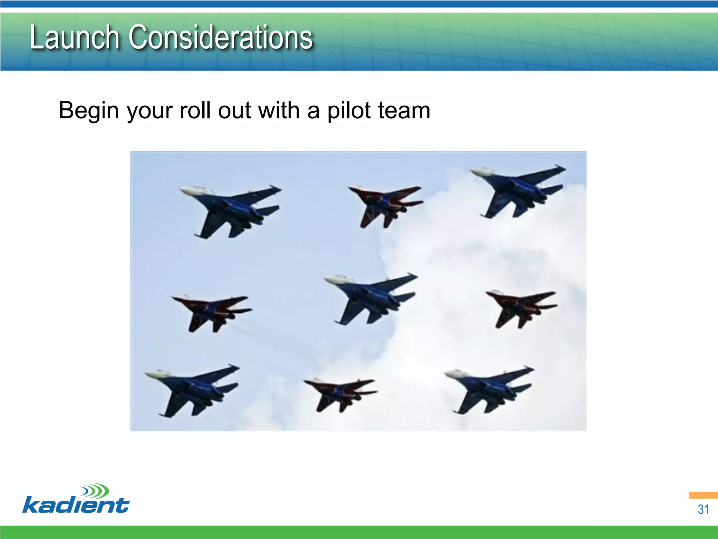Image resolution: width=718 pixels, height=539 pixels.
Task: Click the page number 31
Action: (x=703, y=509)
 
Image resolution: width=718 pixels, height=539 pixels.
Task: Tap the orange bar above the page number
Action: (x=703, y=495)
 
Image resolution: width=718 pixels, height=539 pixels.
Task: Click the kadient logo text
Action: (x=75, y=506)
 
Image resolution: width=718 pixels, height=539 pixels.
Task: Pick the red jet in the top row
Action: (x=386, y=204)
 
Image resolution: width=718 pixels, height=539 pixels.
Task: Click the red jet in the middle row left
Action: (x=210, y=311)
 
